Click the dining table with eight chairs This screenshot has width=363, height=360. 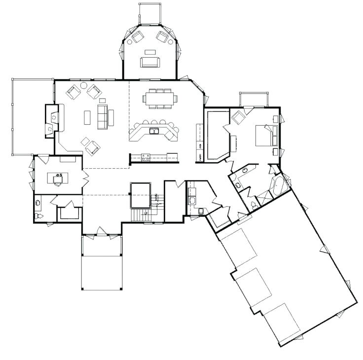coord(160,98)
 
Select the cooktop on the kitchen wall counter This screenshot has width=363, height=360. coord(146,157)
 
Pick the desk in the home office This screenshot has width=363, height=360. coord(58,178)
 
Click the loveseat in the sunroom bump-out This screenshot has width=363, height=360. coord(149,62)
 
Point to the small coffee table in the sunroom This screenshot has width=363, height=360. coord(149,51)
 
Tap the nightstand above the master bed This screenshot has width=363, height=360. coord(275,119)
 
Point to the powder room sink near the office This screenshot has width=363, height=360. coord(37,202)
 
